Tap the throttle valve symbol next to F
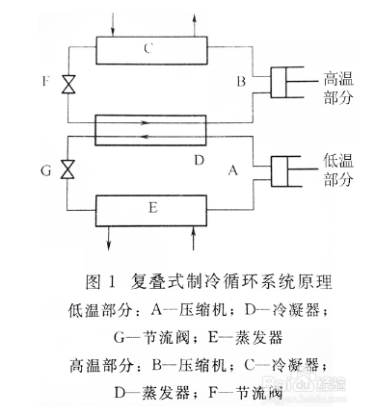tap(68, 85)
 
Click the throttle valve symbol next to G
tap(68, 169)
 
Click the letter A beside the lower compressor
tap(231, 170)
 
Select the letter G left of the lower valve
tap(43, 170)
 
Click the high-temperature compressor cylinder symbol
tap(288, 81)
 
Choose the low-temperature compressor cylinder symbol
tap(288, 170)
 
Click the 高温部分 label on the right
tap(344, 89)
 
